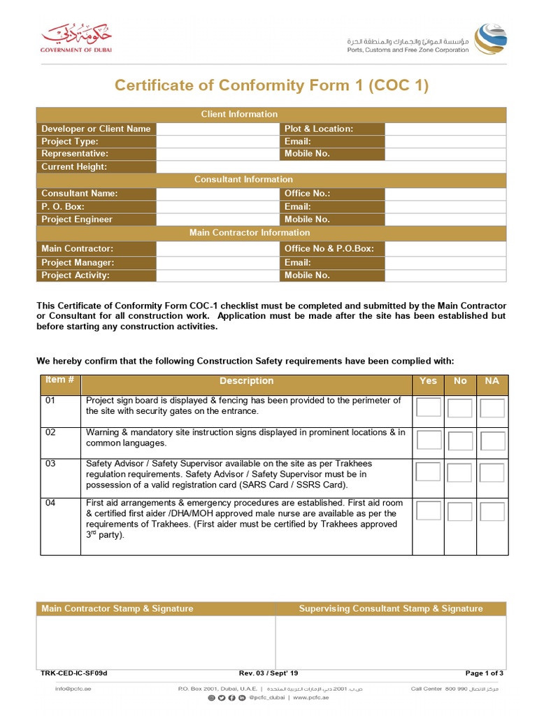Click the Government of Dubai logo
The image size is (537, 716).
(76, 37)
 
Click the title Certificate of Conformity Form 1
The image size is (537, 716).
(271, 85)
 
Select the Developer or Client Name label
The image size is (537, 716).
(96, 129)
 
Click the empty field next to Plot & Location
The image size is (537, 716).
(445, 129)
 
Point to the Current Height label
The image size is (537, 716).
(74, 166)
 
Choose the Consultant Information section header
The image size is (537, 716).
(243, 180)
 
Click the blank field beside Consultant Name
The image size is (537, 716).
(217, 194)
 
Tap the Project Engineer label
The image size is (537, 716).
(77, 220)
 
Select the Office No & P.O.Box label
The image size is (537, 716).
(329, 248)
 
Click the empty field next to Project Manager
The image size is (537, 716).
(217, 263)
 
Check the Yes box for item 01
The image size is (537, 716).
(429, 408)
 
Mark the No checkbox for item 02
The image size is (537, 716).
(460, 441)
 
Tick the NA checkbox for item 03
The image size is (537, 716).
(492, 473)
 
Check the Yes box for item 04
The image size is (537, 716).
(429, 512)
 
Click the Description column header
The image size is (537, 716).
(246, 381)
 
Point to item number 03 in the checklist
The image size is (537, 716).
(50, 464)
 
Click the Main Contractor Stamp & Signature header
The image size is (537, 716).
(117, 608)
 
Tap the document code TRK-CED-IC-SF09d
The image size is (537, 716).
(74, 673)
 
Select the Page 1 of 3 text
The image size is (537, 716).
(485, 673)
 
